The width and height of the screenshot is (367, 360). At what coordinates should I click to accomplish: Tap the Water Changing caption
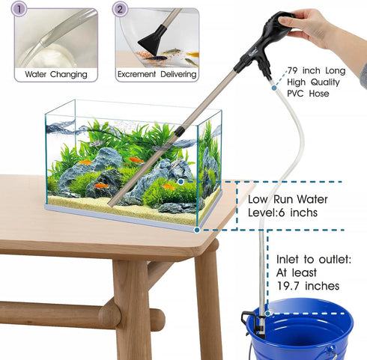(x=55, y=75)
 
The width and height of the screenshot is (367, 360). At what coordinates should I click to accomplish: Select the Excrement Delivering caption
(x=157, y=75)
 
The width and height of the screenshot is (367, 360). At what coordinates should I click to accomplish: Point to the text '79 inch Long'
(x=318, y=71)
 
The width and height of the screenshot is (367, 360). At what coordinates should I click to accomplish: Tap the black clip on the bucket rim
(x=252, y=323)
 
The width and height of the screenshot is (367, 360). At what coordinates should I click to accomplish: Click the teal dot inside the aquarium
(x=181, y=181)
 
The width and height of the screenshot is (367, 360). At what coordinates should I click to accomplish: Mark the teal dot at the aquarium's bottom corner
(x=197, y=228)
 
